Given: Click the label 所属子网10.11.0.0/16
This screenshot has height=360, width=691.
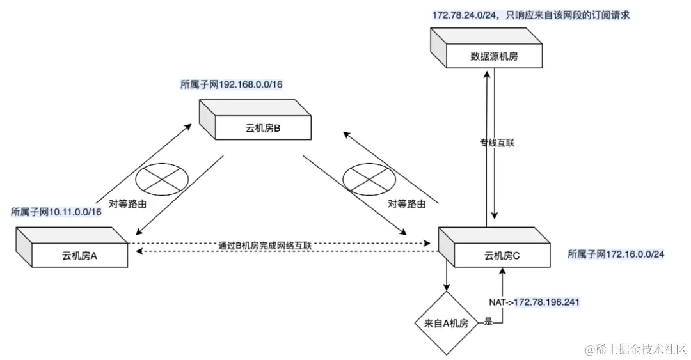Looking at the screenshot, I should (x=56, y=212).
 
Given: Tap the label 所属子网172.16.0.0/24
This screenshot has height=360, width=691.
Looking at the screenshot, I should (x=616, y=254).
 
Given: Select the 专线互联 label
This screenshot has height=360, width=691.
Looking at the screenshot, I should (x=497, y=143).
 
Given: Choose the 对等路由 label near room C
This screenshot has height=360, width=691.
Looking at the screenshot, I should (x=406, y=204).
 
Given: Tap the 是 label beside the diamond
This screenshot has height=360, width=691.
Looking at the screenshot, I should (x=488, y=322).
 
